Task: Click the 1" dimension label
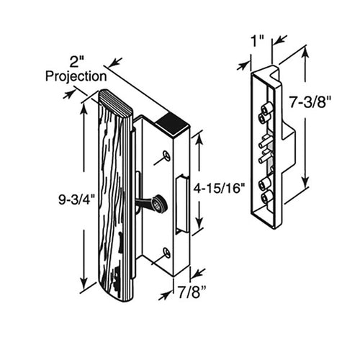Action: pos(258,41)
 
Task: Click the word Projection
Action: pos(76,77)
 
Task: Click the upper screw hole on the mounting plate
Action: pos(166,155)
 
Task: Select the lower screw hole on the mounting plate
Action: pos(166,253)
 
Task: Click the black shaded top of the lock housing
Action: pos(172,123)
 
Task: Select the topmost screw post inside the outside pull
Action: pos(267,108)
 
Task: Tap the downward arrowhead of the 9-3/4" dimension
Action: pos(84,284)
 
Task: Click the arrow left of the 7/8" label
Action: pos(166,296)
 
